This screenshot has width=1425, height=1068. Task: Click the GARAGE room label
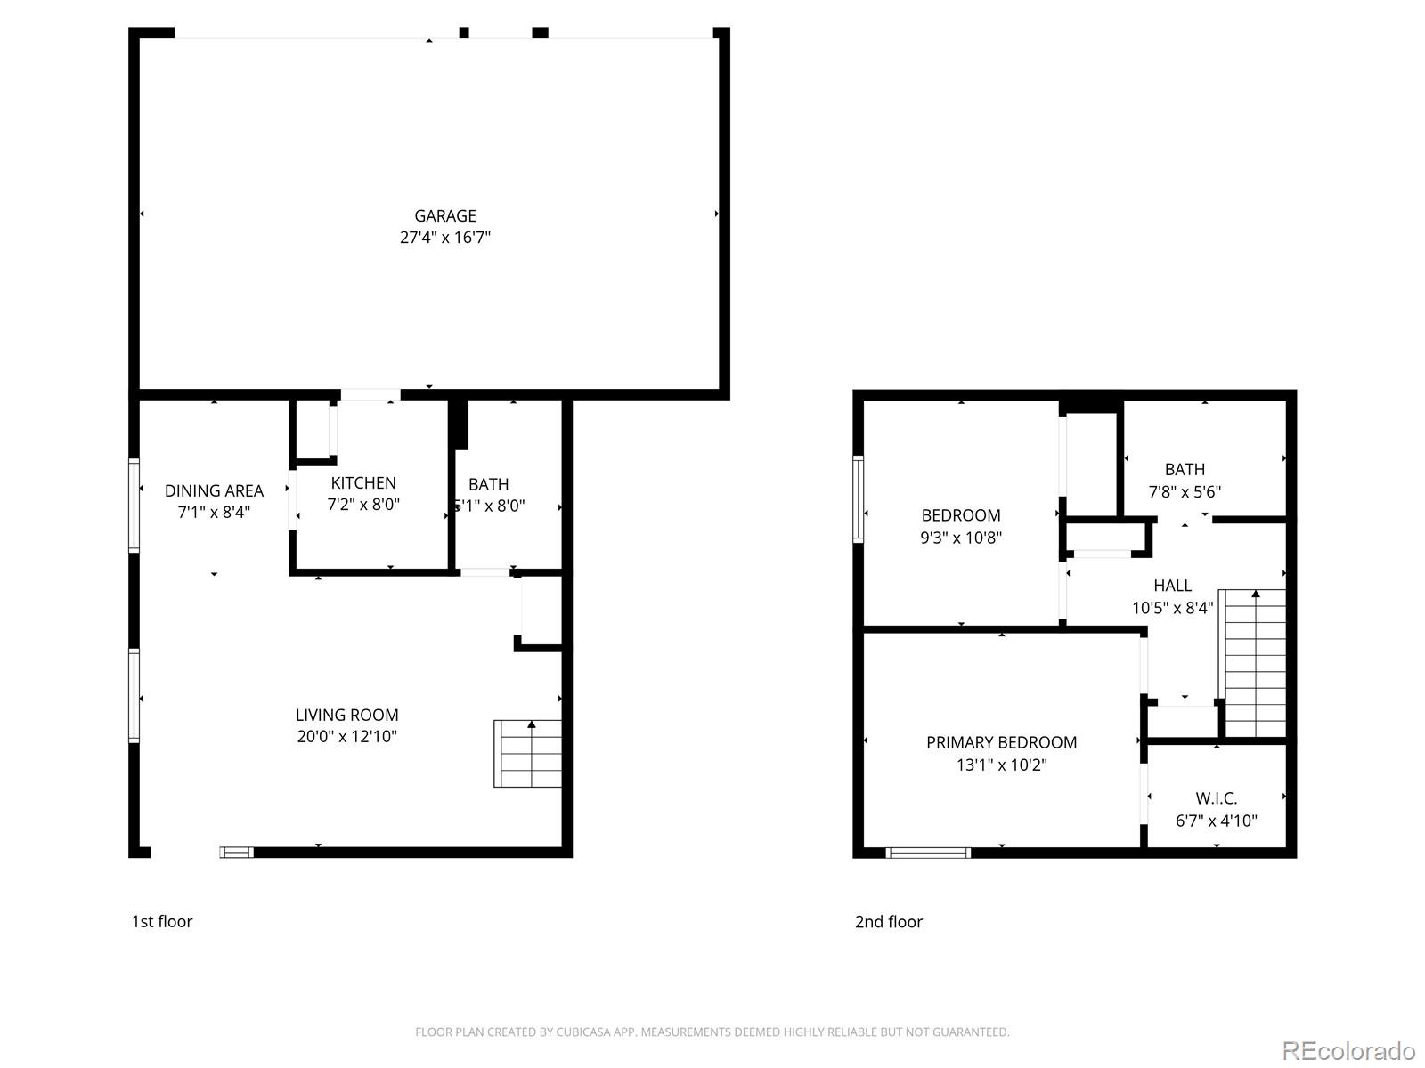point(445,215)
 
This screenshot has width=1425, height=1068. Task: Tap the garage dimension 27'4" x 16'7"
point(445,238)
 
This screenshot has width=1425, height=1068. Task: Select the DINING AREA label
point(214,490)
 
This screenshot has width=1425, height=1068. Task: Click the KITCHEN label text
point(363,482)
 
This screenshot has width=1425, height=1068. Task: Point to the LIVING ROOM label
point(347,715)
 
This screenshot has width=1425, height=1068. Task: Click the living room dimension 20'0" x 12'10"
point(347,737)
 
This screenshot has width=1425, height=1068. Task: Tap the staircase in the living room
point(529,755)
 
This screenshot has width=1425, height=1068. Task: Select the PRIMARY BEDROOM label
point(1001,742)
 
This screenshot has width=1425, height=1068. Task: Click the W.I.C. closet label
point(1216,798)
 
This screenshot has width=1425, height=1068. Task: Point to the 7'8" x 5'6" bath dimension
point(1185,491)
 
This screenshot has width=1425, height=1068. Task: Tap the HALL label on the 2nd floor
point(1172,586)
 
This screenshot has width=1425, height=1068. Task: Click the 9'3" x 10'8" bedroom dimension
point(961,538)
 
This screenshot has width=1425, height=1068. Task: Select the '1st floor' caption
point(162,922)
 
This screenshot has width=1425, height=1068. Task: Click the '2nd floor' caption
point(889,922)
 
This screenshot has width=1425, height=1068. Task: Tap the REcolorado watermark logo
point(1348,1051)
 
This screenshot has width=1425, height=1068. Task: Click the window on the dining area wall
point(134,505)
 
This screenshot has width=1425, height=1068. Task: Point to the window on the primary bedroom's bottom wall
point(928,853)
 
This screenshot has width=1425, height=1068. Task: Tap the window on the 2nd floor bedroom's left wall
point(859,498)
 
